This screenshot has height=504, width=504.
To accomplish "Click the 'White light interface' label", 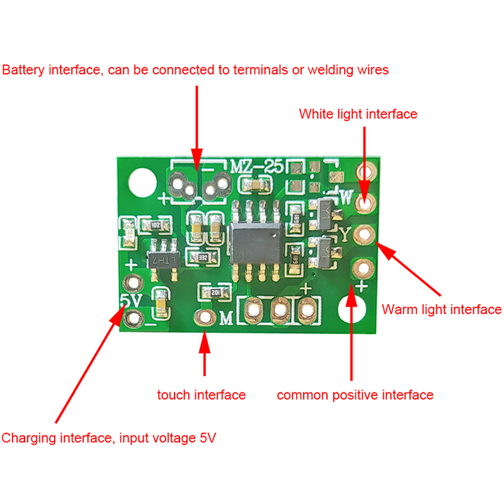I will (358, 114).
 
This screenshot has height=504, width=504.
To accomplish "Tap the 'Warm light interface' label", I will (441, 309).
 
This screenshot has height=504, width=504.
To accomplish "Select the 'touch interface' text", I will (201, 395).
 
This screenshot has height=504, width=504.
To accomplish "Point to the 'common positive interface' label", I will (355, 395).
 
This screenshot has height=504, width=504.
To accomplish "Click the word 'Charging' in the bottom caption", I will (28, 438).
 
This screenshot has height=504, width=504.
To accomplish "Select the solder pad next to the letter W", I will (364, 202).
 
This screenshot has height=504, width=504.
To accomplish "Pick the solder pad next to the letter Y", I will (364, 235).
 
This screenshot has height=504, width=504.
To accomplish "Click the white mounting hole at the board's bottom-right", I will (352, 309).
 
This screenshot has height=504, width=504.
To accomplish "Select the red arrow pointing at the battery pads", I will (197, 126).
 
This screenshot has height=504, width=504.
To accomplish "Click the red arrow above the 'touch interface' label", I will (204, 356).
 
